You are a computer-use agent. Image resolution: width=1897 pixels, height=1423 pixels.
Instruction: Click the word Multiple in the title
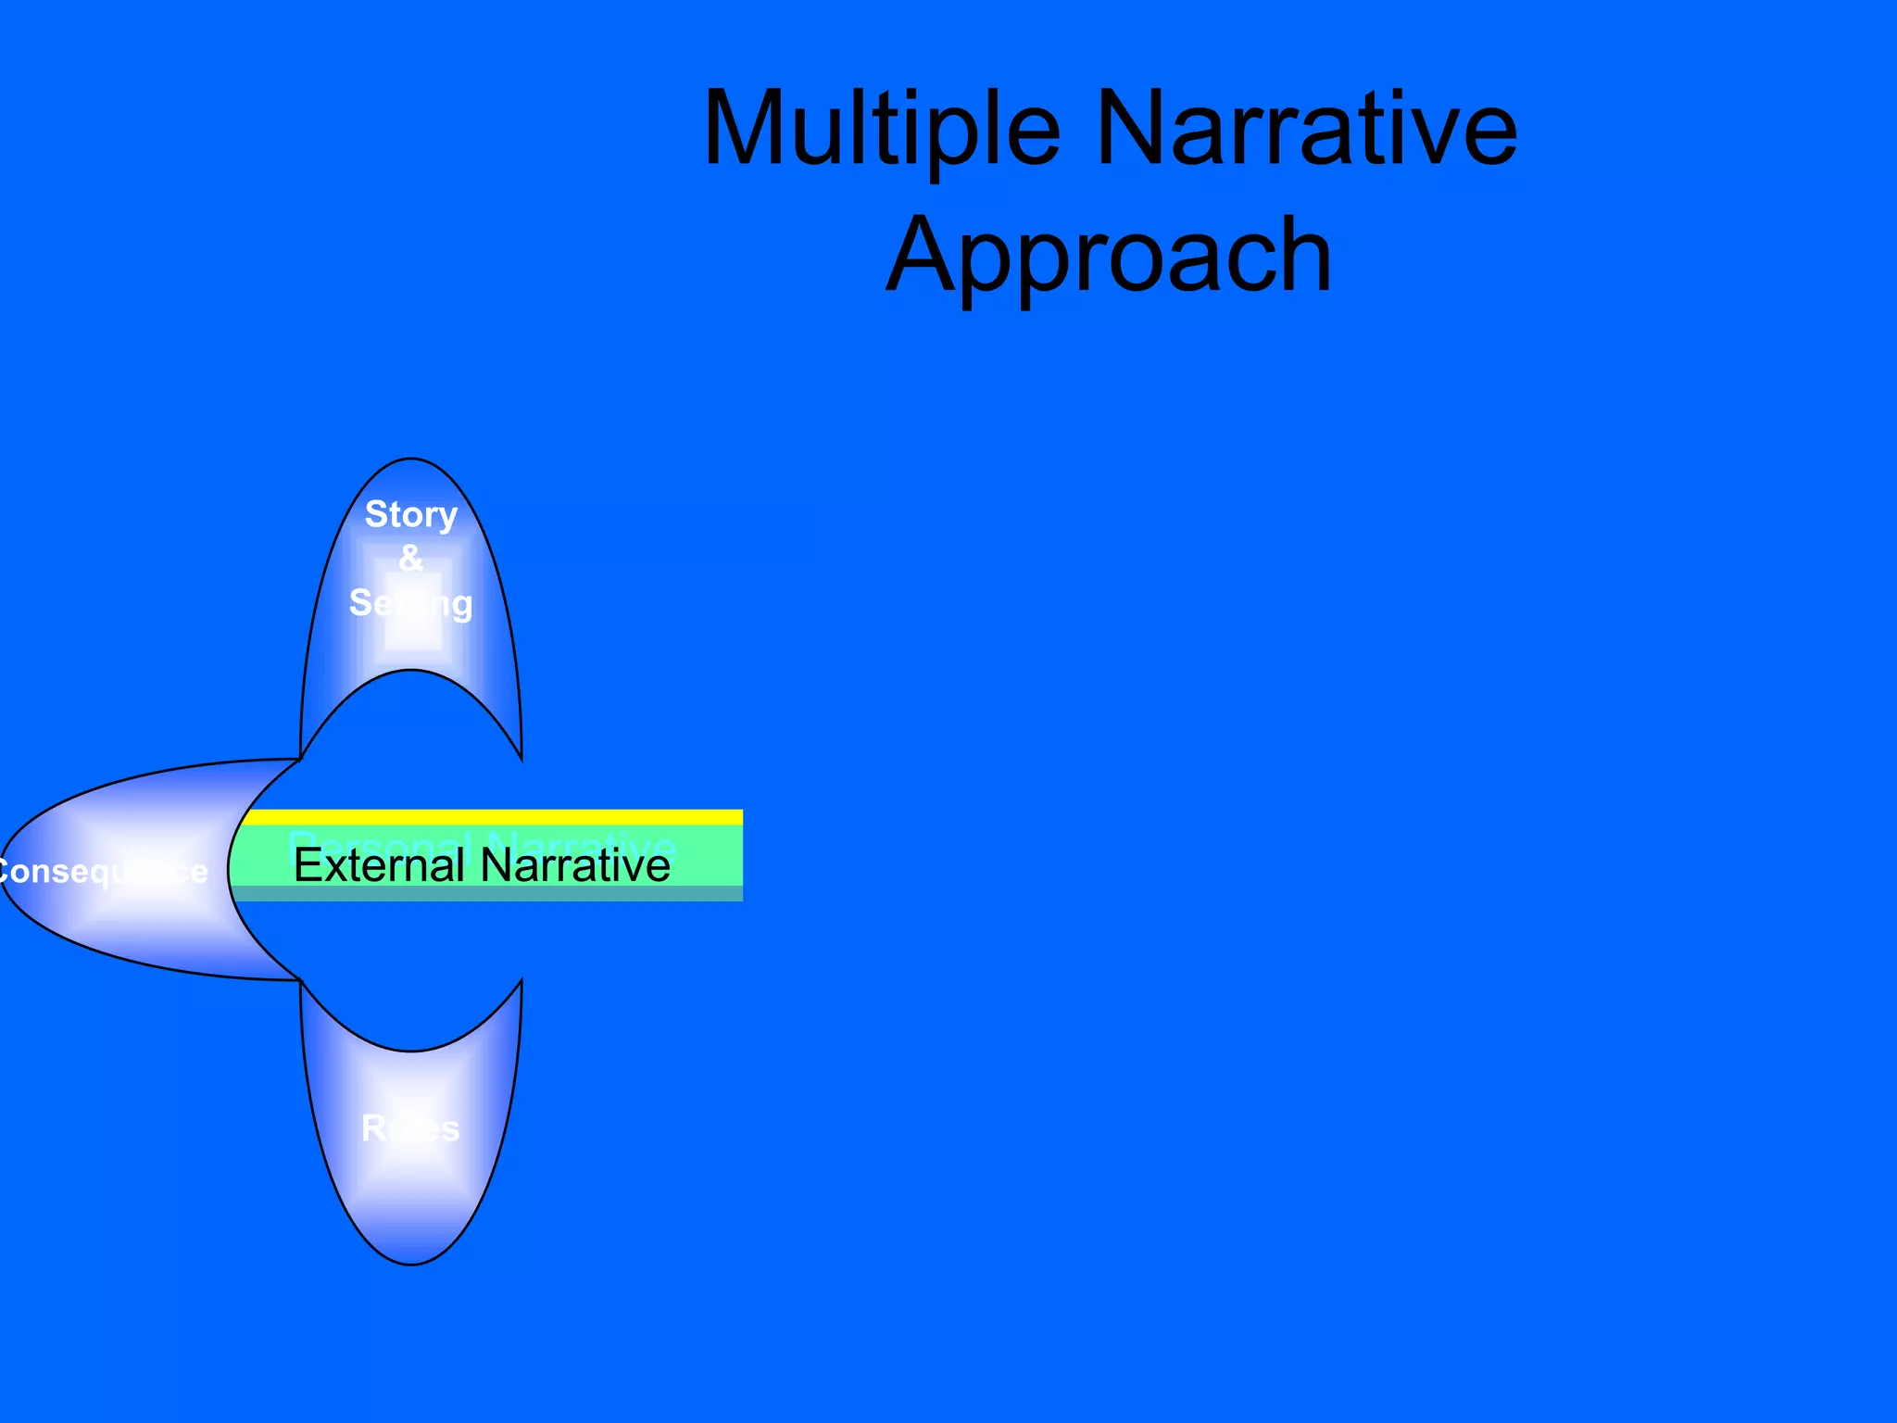(881, 129)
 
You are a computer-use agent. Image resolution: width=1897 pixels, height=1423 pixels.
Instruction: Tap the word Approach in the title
(1109, 255)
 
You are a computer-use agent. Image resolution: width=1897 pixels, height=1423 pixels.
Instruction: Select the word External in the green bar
(378, 865)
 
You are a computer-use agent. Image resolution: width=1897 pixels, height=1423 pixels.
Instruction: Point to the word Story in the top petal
(411, 514)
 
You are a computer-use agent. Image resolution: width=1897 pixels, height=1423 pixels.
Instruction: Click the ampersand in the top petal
(410, 558)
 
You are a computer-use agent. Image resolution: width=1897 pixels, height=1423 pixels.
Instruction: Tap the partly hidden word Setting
(411, 603)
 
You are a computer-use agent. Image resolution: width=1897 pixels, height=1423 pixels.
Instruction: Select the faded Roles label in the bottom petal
(410, 1128)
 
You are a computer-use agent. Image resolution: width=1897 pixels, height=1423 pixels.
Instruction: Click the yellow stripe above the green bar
(491, 817)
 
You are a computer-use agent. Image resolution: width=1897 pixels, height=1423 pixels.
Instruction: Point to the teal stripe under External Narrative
(491, 894)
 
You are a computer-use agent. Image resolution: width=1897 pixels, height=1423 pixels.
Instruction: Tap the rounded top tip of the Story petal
(411, 462)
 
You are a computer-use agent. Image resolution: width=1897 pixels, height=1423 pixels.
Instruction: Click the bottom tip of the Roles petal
(411, 1261)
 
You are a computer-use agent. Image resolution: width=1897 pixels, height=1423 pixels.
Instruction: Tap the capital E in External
(307, 865)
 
